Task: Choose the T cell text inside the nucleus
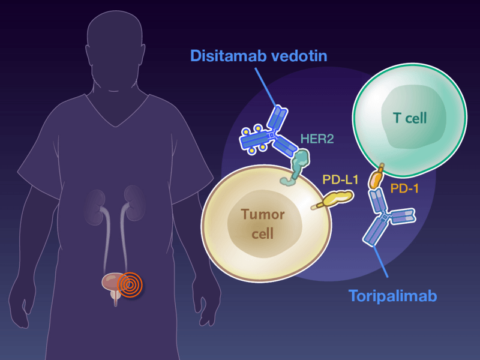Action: click(x=410, y=118)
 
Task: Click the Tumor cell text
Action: click(x=263, y=223)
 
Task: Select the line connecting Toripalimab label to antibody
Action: click(x=382, y=264)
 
